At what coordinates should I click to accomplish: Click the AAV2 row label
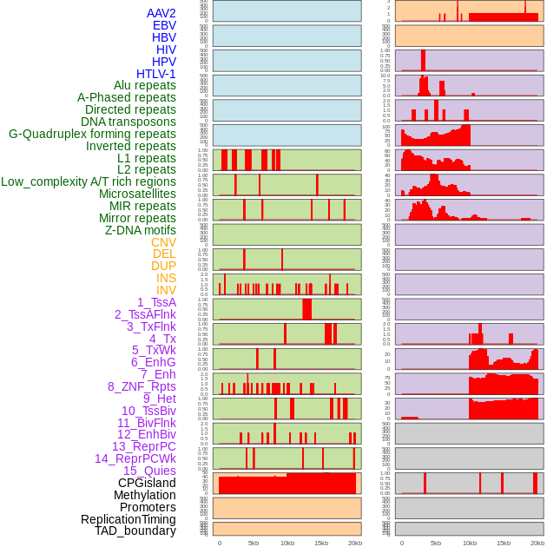[x=161, y=13]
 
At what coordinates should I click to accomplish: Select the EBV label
[x=164, y=25]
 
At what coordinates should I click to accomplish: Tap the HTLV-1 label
[x=156, y=74]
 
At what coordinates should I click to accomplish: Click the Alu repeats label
[x=145, y=85]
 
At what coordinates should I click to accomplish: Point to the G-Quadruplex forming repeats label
[x=92, y=134]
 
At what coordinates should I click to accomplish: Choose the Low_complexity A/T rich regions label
[x=89, y=181]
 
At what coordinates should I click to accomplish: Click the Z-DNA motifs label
[x=141, y=230]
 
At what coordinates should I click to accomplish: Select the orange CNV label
[x=163, y=242]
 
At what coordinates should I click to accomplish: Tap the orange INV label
[x=166, y=290]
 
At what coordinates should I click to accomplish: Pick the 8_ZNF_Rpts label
[x=142, y=386]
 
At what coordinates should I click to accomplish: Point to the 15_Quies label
[x=149, y=471]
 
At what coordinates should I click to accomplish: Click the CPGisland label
[x=147, y=483]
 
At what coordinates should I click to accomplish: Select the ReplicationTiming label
[x=128, y=519]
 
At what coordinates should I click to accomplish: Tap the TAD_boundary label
[x=135, y=531]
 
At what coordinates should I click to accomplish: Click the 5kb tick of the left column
[x=254, y=543]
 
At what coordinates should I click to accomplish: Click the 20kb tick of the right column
[x=537, y=543]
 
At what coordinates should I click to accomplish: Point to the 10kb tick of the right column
[x=469, y=543]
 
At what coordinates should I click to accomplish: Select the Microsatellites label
[x=137, y=194]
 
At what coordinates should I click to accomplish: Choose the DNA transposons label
[x=129, y=122]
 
